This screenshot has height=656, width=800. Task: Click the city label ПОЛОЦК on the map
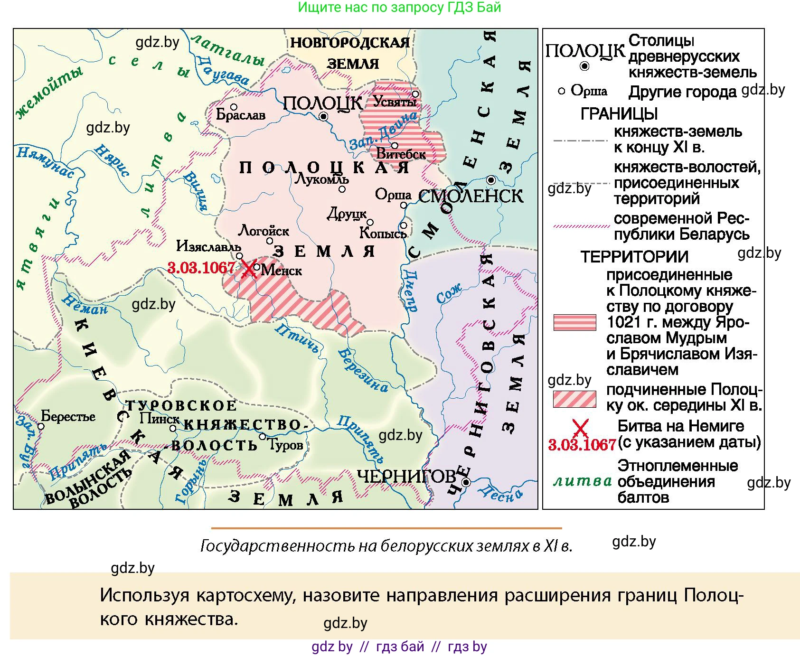pyautogui.click(x=322, y=103)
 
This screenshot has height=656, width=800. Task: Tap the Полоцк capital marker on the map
pyautogui.click(x=324, y=116)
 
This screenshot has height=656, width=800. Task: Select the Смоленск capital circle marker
pyautogui.click(x=491, y=180)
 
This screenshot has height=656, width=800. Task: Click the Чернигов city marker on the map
pyautogui.click(x=466, y=483)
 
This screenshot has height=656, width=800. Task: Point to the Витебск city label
pyautogui.click(x=401, y=154)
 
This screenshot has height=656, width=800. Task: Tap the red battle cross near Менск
pyautogui.click(x=248, y=269)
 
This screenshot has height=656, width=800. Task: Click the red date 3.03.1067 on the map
pyautogui.click(x=201, y=268)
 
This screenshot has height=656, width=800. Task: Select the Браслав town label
pyautogui.click(x=240, y=115)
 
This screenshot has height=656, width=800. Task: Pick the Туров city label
pyautogui.click(x=285, y=445)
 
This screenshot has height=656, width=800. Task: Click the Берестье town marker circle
pyautogui.click(x=41, y=426)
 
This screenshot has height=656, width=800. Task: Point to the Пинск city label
pyautogui.click(x=159, y=419)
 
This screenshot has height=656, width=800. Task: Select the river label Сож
pyautogui.click(x=449, y=294)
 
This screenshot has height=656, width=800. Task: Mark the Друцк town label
pyautogui.click(x=347, y=215)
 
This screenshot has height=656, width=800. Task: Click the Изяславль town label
pyautogui.click(x=208, y=246)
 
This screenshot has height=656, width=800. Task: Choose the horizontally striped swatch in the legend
pyautogui.click(x=574, y=322)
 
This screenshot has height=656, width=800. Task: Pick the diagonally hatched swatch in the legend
pyautogui.click(x=574, y=399)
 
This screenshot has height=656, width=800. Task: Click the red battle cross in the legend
pyautogui.click(x=580, y=429)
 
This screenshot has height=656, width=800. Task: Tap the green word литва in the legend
pyautogui.click(x=583, y=481)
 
